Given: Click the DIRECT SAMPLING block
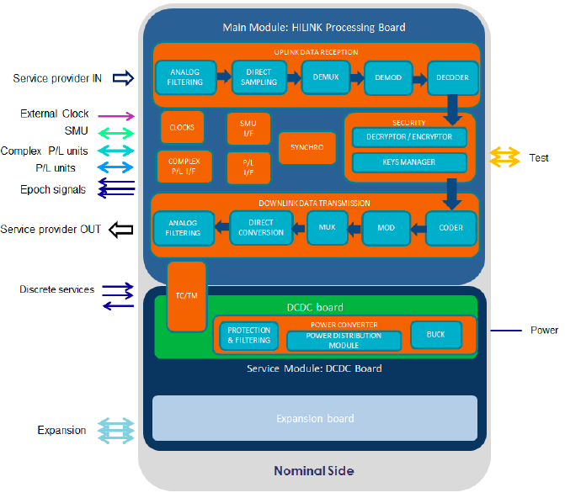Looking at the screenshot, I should point(259,77).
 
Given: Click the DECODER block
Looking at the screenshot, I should point(452,77).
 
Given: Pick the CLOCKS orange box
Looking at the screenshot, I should point(182,127).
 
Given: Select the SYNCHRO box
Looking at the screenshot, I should point(307,146).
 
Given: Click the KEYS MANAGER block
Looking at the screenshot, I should point(409,162).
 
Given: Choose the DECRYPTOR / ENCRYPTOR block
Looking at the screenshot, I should point(409,136).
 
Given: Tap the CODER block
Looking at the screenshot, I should point(451,227).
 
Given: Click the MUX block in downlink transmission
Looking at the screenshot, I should point(328,227).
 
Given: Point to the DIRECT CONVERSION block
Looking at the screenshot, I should point(261,227).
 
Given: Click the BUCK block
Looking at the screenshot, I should point(436,335).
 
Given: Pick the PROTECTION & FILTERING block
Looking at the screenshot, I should point(249,336).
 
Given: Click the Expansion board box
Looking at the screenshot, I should point(315,418).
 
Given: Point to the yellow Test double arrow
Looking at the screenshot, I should point(505,157).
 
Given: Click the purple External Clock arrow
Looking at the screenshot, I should point(118,115).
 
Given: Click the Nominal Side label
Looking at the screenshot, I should point(313,471).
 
